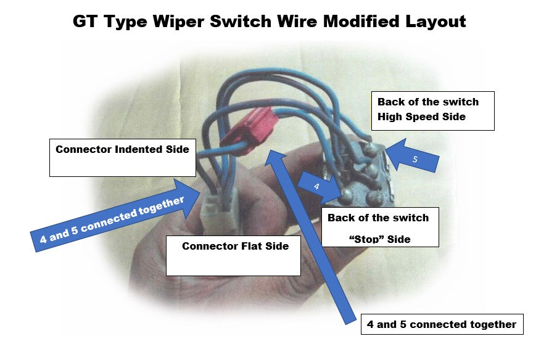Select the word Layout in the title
[x=435, y=22]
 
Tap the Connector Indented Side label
[x=122, y=149]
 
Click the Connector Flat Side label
[x=235, y=247]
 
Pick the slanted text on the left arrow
[x=112, y=221]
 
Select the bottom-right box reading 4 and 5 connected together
[x=442, y=324]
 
